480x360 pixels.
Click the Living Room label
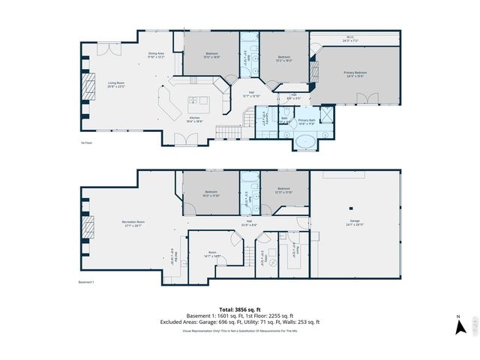pos(115,85)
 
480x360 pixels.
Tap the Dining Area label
pos(156,55)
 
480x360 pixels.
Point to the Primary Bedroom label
pos(354,73)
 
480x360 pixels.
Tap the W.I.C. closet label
pos(351,38)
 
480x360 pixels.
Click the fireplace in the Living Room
pos(88,85)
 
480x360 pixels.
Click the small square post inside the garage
pos(351,208)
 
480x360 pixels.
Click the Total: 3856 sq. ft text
pos(239,309)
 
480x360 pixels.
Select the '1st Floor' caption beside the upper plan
pos(86,142)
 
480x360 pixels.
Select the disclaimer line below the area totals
pos(239,330)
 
